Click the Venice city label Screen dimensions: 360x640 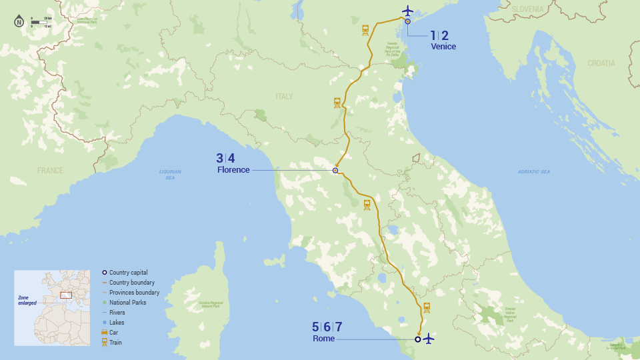[x=443, y=47]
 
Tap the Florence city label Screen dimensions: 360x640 [x=233, y=170]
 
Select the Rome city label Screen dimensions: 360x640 [x=323, y=339]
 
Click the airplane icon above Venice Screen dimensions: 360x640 [x=408, y=11]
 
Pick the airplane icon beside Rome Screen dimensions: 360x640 [x=428, y=339]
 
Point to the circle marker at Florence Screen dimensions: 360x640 [x=335, y=171]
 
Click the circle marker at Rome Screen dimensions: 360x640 [x=417, y=339]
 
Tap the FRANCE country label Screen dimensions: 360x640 [x=50, y=171]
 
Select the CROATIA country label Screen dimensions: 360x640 [x=601, y=63]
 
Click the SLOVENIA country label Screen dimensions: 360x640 [x=529, y=9]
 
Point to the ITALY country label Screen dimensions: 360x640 [x=284, y=97]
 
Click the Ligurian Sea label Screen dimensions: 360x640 [x=170, y=174]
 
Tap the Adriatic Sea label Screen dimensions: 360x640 [x=534, y=172]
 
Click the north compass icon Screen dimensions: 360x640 [x=19, y=21]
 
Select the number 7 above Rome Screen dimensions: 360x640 [x=339, y=327]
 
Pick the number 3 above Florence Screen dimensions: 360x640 [x=219, y=159]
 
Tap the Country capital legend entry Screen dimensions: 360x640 [x=129, y=273]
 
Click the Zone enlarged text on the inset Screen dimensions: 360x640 [x=27, y=300]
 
